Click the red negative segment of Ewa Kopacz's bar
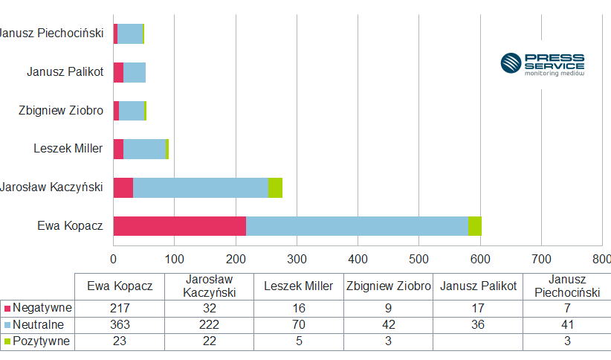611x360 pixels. [179, 226]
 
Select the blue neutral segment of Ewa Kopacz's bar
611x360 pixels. [357, 226]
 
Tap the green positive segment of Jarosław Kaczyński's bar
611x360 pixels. [275, 187]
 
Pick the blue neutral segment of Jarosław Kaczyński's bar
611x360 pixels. [200, 187]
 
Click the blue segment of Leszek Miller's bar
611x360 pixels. [144, 149]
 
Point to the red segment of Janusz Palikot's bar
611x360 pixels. [118, 72]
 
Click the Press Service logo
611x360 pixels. [542, 63]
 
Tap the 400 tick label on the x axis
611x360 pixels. [358, 259]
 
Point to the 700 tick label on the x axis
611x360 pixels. [541, 259]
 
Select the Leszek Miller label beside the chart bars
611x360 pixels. [68, 149]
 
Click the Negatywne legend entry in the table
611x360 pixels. [38, 308]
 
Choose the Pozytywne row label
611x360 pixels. [38, 341]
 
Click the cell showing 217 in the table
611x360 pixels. [120, 308]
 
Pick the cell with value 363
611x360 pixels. [120, 325]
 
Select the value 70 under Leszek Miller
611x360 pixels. [299, 325]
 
